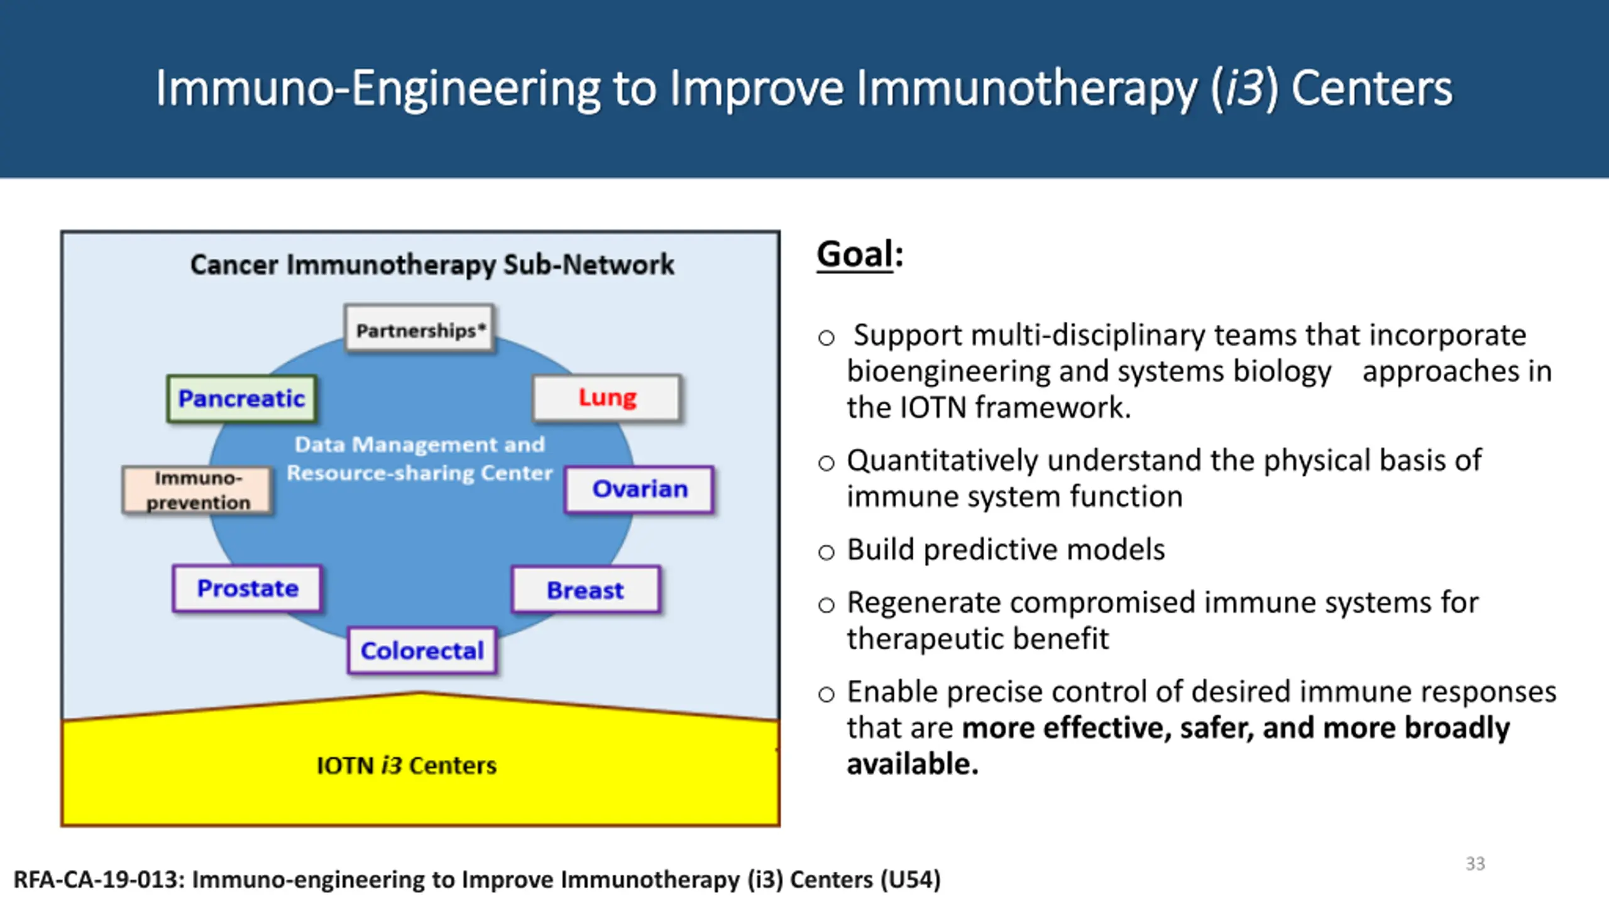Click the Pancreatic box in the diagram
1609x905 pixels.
(241, 398)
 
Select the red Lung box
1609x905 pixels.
(607, 398)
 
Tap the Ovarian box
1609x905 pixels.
(639, 489)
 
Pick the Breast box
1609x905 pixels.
(585, 590)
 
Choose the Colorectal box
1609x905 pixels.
(422, 650)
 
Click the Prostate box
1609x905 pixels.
(247, 588)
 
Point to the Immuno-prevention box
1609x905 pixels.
(198, 490)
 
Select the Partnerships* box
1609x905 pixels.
(420, 329)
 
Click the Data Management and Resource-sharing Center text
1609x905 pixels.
(419, 459)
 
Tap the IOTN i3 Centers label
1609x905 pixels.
(406, 765)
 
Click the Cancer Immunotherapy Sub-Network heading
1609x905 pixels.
(432, 265)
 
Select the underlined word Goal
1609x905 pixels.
(854, 254)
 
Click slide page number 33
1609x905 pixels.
(1475, 864)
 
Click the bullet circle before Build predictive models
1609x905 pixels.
(826, 552)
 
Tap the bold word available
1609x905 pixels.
(911, 764)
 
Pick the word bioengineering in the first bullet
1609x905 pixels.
(948, 371)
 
